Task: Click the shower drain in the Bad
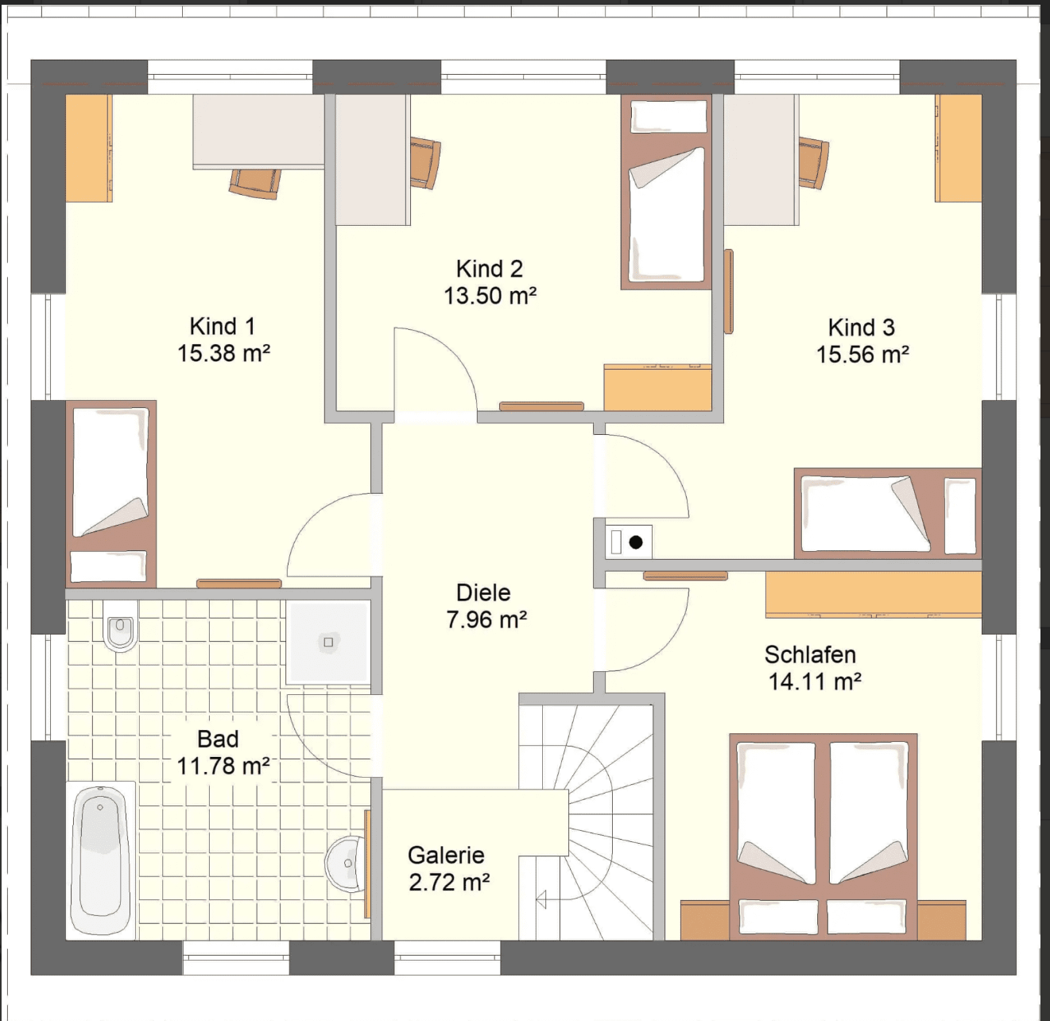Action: point(328,642)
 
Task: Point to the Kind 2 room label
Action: point(490,269)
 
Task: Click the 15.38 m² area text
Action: point(223,354)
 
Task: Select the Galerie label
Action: point(446,856)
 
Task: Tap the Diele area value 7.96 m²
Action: point(486,619)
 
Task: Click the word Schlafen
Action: point(810,655)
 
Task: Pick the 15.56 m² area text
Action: point(862,355)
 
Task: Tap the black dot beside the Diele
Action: point(636,542)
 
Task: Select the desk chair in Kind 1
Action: point(254,184)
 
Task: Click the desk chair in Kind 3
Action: point(814,162)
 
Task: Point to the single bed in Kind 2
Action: point(666,192)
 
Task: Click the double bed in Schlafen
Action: point(823,837)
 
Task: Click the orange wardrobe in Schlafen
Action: point(874,593)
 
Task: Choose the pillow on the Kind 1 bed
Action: point(108,566)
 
